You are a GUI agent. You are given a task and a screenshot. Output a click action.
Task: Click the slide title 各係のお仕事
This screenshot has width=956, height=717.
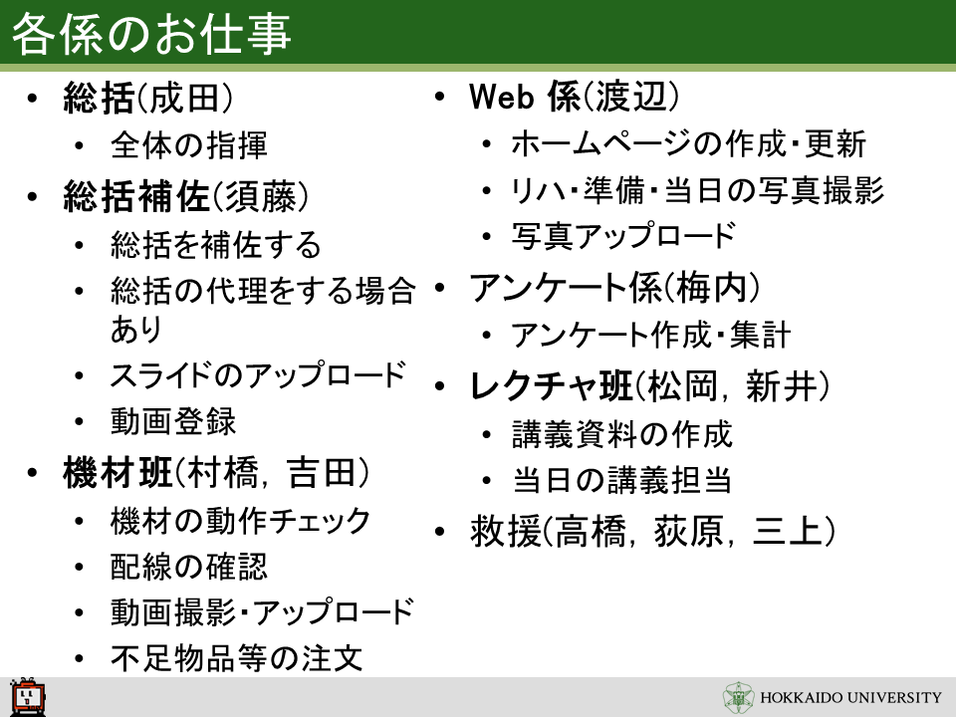pos(151,34)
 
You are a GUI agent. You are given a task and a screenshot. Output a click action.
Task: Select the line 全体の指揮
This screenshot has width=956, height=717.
pos(189,145)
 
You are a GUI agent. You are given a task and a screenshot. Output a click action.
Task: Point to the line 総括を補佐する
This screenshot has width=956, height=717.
pos(216,244)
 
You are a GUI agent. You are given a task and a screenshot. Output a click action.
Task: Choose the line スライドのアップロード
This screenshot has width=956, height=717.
pos(258,375)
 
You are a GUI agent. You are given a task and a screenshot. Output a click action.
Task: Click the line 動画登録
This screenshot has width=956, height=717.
pos(173,421)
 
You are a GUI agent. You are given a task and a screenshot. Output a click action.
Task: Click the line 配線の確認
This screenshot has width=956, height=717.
pos(189,567)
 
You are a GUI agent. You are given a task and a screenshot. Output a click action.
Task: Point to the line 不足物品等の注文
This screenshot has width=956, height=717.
pos(237,658)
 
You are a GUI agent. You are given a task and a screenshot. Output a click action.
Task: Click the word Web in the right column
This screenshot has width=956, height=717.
pos(501,97)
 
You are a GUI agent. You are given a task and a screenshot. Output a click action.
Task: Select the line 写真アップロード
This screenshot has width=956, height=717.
pos(623,236)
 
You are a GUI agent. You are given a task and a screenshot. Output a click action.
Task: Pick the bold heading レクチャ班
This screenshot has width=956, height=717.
pos(551,386)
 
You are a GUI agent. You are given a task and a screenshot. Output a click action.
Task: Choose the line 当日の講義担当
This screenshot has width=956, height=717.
pos(621,480)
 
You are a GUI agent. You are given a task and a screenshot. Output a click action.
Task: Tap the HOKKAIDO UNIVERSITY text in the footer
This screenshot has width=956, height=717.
pos(850,697)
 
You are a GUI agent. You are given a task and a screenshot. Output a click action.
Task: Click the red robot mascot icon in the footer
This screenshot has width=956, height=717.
pos(28,696)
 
